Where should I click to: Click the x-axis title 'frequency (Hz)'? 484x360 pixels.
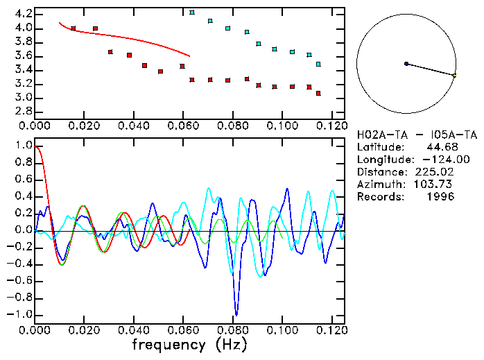pyautogui.click(x=187, y=344)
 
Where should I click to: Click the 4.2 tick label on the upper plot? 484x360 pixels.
pyautogui.click(x=22, y=14)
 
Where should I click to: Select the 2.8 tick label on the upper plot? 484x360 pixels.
pyautogui.click(x=22, y=111)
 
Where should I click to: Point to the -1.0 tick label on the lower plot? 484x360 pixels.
pyautogui.click(x=20, y=314)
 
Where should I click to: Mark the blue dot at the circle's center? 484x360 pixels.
pyautogui.click(x=406, y=64)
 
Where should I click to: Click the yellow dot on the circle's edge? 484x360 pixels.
pyautogui.click(x=454, y=75)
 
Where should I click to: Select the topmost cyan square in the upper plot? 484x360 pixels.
pyautogui.click(x=192, y=12)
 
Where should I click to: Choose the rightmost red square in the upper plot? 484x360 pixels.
pyautogui.click(x=318, y=93)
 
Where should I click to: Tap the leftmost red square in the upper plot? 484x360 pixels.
pyautogui.click(x=74, y=28)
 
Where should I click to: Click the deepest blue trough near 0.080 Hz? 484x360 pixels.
pyautogui.click(x=236, y=314)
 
